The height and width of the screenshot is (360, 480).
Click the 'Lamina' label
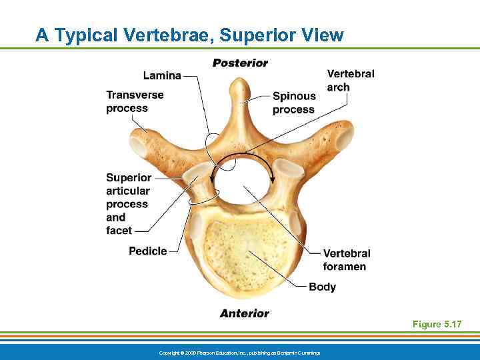point(162,76)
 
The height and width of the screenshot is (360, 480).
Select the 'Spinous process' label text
point(293,103)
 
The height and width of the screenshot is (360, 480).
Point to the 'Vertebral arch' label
point(351,80)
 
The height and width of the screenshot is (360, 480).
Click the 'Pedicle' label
point(148,251)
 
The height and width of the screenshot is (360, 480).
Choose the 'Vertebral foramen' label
point(346,260)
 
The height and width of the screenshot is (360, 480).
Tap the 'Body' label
point(322,287)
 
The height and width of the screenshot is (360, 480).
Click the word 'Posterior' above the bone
point(240,63)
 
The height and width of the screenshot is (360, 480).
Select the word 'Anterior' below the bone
point(245,313)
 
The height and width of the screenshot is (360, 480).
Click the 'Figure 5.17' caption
point(437,324)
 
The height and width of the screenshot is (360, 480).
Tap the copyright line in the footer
point(240,352)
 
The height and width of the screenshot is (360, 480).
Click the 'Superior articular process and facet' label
point(129,204)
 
